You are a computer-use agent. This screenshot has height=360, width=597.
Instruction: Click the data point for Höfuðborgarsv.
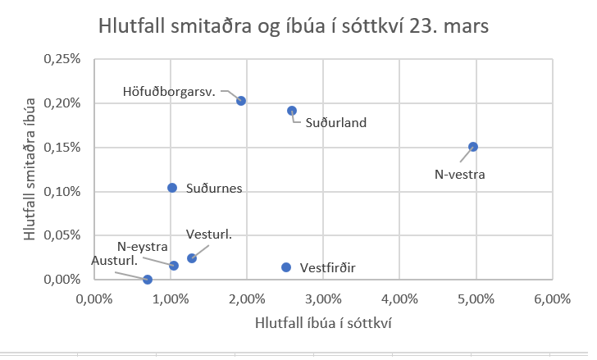click(x=241, y=101)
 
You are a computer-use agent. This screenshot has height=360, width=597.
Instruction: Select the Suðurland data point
click(x=292, y=111)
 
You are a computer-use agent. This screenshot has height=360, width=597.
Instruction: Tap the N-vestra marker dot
click(x=473, y=147)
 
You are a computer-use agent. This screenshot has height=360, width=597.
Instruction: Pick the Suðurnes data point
click(x=172, y=188)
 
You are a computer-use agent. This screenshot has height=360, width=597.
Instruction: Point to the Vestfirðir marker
click(x=286, y=267)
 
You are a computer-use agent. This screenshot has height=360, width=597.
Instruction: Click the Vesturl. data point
click(x=192, y=258)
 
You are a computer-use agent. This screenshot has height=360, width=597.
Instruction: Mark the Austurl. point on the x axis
click(x=148, y=280)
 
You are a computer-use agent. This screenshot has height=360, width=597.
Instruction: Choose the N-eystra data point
click(x=174, y=266)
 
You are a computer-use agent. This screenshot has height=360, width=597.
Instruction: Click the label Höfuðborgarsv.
click(x=169, y=91)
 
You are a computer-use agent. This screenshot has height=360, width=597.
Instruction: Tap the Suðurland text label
click(x=335, y=123)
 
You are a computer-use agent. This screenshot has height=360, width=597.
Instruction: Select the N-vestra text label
click(x=460, y=174)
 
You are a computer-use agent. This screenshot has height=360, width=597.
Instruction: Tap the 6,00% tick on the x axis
click(x=552, y=298)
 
